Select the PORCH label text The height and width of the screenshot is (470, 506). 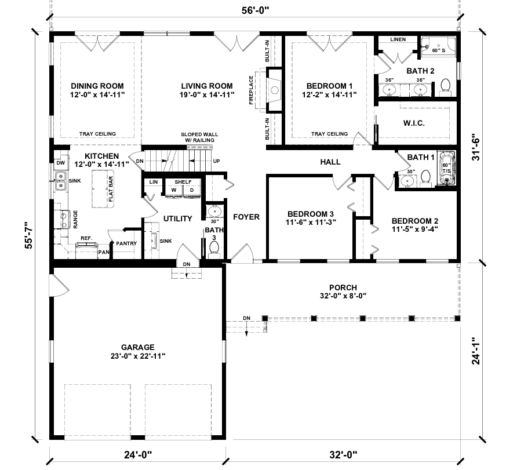pyautogui.click(x=343, y=287)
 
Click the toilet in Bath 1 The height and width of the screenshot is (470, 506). pyautogui.click(x=425, y=176)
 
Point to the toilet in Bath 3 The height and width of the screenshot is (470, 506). pyautogui.click(x=214, y=248)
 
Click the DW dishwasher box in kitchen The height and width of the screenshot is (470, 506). pyautogui.click(x=60, y=163)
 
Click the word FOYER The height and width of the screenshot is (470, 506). pyautogui.click(x=246, y=217)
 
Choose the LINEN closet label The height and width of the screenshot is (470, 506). pyautogui.click(x=398, y=39)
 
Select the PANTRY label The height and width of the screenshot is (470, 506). pyautogui.click(x=126, y=243)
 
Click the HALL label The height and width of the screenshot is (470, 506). pyautogui.click(x=330, y=162)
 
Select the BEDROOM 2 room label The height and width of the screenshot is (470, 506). pyautogui.click(x=414, y=221)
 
